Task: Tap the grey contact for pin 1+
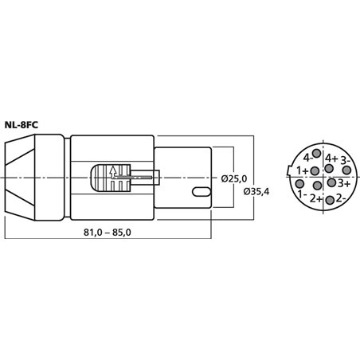(313, 170)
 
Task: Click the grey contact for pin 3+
(332, 182)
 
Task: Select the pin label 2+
(316, 198)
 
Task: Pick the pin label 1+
(303, 171)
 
